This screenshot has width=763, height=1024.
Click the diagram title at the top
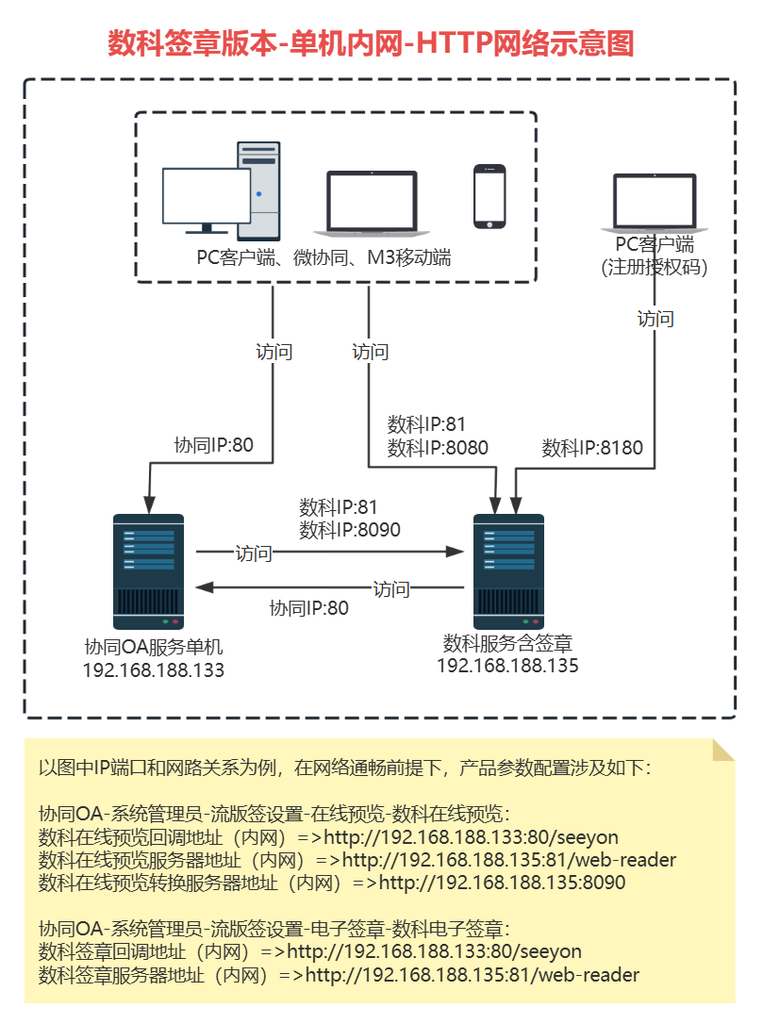370,43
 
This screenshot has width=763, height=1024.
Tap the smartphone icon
489,196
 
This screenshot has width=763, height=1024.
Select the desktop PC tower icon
258,190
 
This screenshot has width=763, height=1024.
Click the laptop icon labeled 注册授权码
654,203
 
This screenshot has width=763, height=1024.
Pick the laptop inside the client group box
372,203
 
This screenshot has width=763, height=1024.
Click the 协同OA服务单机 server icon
148,571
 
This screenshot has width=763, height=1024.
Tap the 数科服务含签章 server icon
508,571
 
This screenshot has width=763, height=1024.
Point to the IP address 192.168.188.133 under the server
154,670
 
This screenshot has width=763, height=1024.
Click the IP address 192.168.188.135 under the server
507,666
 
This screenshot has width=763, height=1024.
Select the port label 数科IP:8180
592,448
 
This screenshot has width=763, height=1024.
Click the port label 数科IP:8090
350,530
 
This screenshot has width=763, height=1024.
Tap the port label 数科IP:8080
438,448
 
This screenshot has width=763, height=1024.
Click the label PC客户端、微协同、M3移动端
323,256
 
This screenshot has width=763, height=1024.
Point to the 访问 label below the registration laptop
655,319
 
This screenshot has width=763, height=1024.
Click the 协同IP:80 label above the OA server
214,445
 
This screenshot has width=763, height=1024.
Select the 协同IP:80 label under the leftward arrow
308,608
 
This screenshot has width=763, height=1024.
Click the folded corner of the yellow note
723,749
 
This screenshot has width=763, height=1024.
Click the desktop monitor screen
207,195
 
